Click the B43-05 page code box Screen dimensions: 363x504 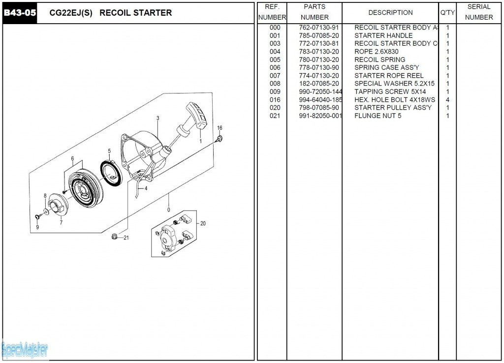click(20, 13)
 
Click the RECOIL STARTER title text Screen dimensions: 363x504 click(135, 13)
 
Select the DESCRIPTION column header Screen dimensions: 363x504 click(390, 13)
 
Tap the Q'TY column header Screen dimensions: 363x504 click(447, 13)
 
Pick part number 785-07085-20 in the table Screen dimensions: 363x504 click(318, 35)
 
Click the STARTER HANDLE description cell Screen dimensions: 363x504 click(383, 35)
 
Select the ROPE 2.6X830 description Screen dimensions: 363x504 click(376, 52)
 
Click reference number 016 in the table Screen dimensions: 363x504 click(275, 100)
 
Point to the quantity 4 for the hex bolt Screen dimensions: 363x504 click(447, 100)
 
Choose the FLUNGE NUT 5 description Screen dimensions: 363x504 click(378, 116)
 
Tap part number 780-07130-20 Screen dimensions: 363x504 click(318, 60)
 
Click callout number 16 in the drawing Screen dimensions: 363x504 click(220, 128)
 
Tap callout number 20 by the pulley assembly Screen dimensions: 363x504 click(203, 223)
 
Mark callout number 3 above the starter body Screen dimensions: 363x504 click(157, 118)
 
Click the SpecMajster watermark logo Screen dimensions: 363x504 click(25, 350)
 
